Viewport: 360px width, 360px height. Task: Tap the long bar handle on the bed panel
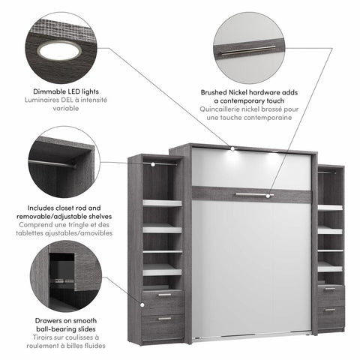pos(251,195)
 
